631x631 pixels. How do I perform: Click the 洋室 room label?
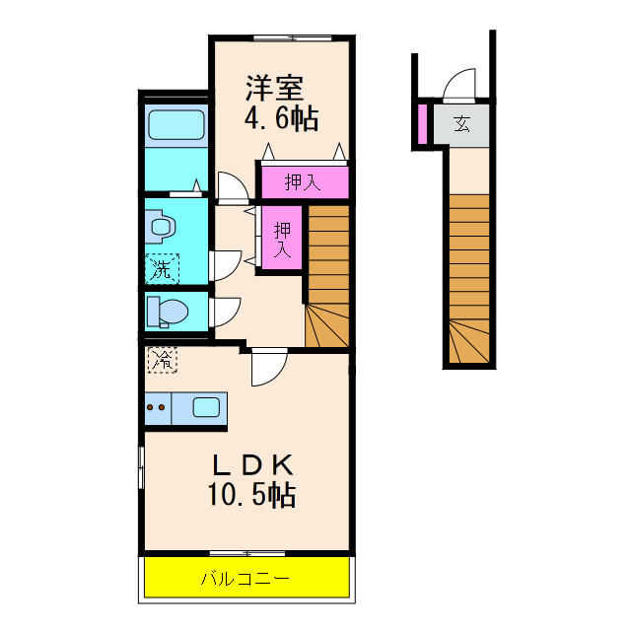tap(274, 87)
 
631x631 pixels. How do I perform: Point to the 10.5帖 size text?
tap(251, 495)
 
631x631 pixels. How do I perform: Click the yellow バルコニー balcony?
tap(247, 578)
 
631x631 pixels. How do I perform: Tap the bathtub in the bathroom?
tap(176, 126)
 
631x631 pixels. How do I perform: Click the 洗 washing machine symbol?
tap(162, 266)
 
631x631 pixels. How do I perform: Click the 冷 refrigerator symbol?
tap(162, 360)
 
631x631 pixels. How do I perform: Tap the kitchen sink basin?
tap(208, 406)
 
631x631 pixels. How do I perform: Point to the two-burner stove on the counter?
tap(156, 406)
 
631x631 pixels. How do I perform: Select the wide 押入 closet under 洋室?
tap(303, 181)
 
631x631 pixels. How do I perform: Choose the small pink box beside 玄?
tap(422, 124)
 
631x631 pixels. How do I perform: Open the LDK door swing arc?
tap(267, 368)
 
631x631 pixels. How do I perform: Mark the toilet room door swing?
tap(223, 312)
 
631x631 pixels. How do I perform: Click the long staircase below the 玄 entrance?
tap(469, 276)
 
